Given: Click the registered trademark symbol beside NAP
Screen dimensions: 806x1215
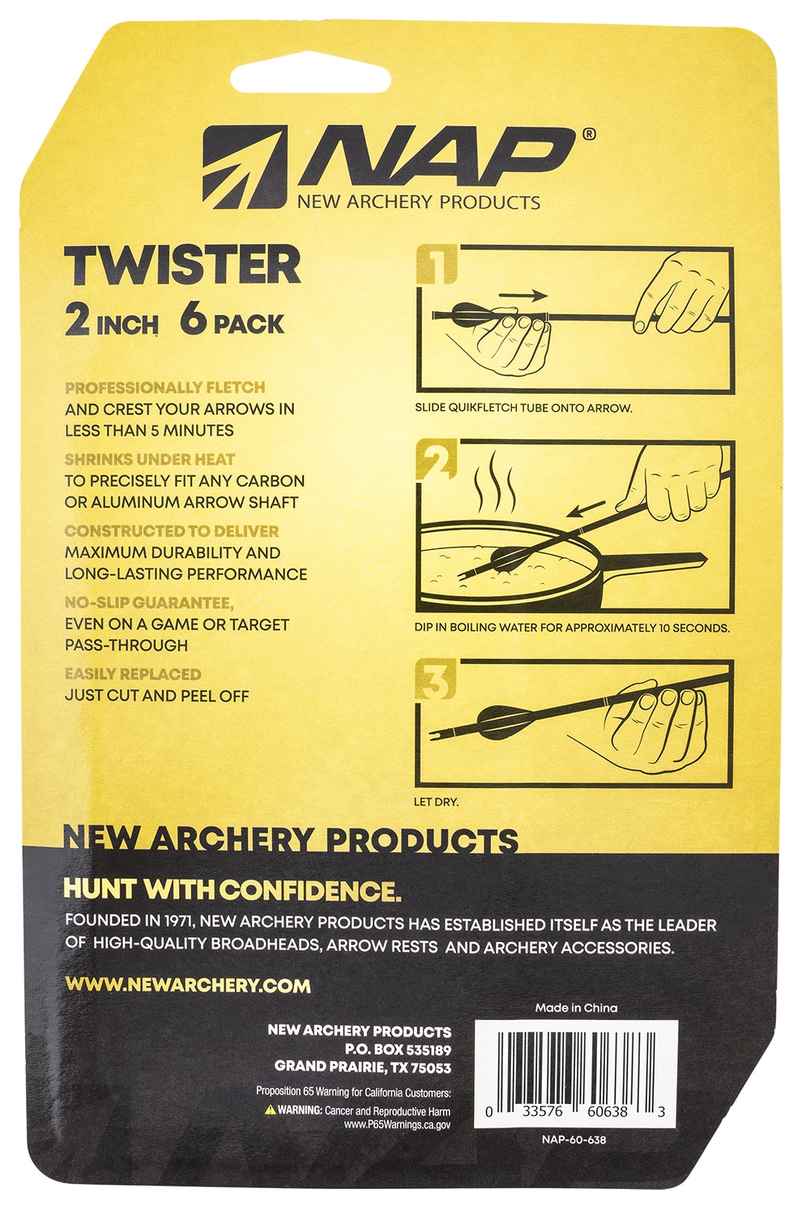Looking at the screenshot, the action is [x=588, y=134].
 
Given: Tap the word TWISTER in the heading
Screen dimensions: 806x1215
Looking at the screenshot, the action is [x=183, y=264].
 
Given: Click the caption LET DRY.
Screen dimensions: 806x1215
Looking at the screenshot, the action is [x=436, y=802].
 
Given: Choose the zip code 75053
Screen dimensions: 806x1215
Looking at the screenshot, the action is [x=431, y=1068].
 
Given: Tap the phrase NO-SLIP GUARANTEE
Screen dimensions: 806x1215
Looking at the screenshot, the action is [x=148, y=603].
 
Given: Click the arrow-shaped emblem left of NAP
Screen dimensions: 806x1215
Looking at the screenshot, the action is [x=244, y=167].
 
